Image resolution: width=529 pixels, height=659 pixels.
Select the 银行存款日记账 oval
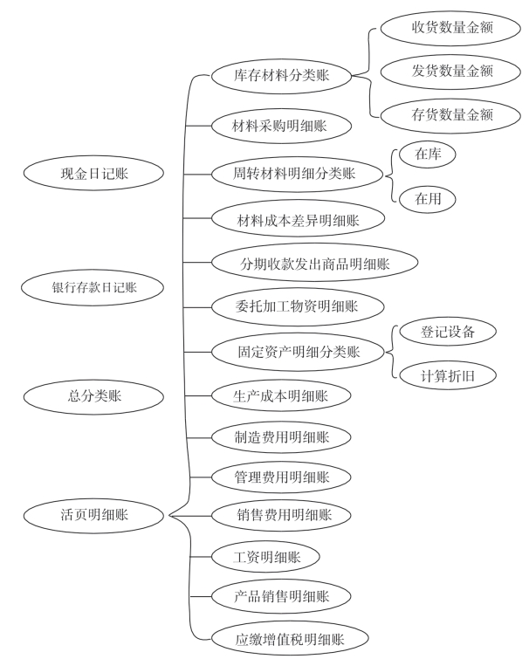95,285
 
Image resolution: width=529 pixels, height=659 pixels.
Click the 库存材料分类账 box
282,75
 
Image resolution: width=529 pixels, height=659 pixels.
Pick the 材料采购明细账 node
281,125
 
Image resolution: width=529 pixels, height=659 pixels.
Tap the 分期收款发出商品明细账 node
315,262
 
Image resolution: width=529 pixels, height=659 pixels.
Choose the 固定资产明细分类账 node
299,353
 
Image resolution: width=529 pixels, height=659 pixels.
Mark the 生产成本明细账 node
281,395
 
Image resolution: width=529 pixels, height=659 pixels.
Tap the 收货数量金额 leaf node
452,28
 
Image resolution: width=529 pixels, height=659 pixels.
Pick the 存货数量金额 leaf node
452,114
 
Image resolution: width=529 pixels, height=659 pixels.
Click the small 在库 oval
427,154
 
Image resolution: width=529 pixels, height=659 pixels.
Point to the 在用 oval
427,198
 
